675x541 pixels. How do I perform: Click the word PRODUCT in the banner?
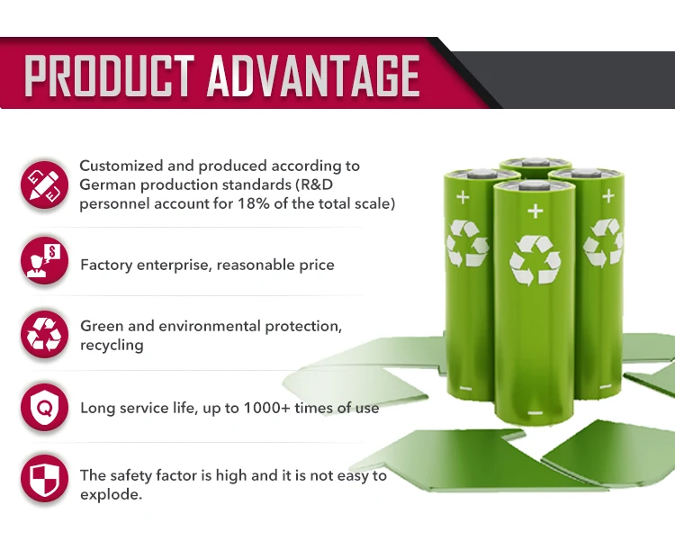click(x=110, y=76)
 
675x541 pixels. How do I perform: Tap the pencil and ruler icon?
click(x=45, y=184)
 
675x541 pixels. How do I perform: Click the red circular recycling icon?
click(x=45, y=334)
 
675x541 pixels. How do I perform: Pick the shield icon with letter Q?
click(x=45, y=408)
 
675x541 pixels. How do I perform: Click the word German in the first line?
click(x=105, y=185)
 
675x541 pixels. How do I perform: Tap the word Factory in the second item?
click(x=106, y=265)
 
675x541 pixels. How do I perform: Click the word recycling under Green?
click(x=112, y=345)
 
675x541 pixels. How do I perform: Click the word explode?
click(x=110, y=494)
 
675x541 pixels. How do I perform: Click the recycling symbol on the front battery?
click(x=535, y=260)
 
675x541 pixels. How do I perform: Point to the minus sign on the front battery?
click(x=535, y=413)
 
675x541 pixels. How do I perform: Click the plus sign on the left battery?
click(x=463, y=195)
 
